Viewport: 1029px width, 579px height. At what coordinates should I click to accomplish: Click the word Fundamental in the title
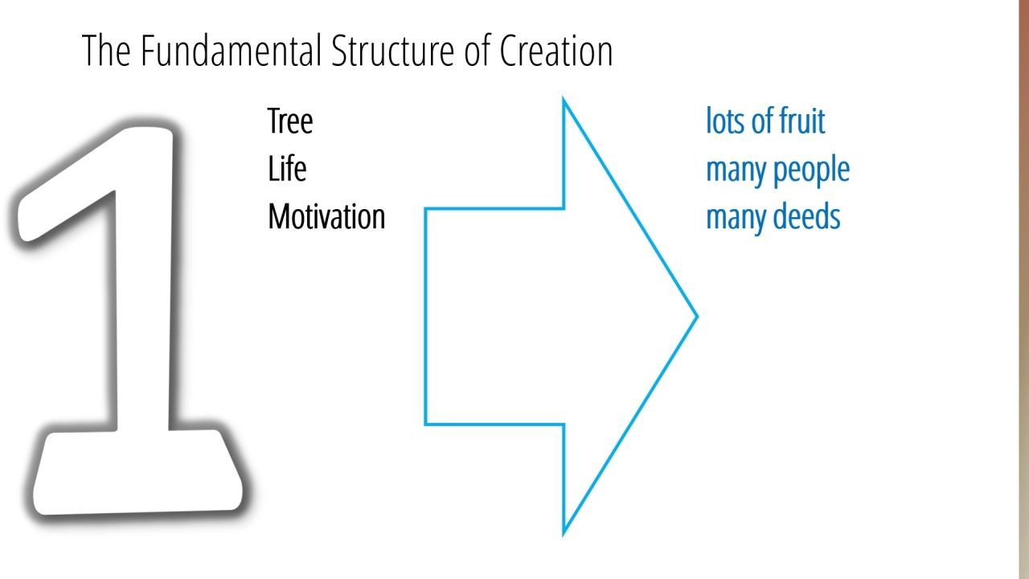click(231, 51)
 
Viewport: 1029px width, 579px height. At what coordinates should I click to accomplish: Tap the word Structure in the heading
click(393, 51)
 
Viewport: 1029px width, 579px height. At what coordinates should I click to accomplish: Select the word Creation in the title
click(555, 51)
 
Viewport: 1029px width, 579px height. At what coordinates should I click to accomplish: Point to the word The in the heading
click(106, 51)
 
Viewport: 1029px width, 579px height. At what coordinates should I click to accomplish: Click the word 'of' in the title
click(477, 51)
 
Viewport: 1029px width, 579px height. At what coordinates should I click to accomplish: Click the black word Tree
click(290, 121)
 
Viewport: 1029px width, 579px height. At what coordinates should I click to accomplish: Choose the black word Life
click(287, 169)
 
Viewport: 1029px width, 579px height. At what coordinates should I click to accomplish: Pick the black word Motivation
click(326, 216)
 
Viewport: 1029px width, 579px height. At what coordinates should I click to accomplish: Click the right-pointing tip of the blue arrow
click(697, 316)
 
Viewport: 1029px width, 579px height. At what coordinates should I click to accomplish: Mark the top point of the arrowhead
click(564, 99)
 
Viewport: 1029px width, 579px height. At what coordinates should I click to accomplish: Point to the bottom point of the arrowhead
click(564, 534)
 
